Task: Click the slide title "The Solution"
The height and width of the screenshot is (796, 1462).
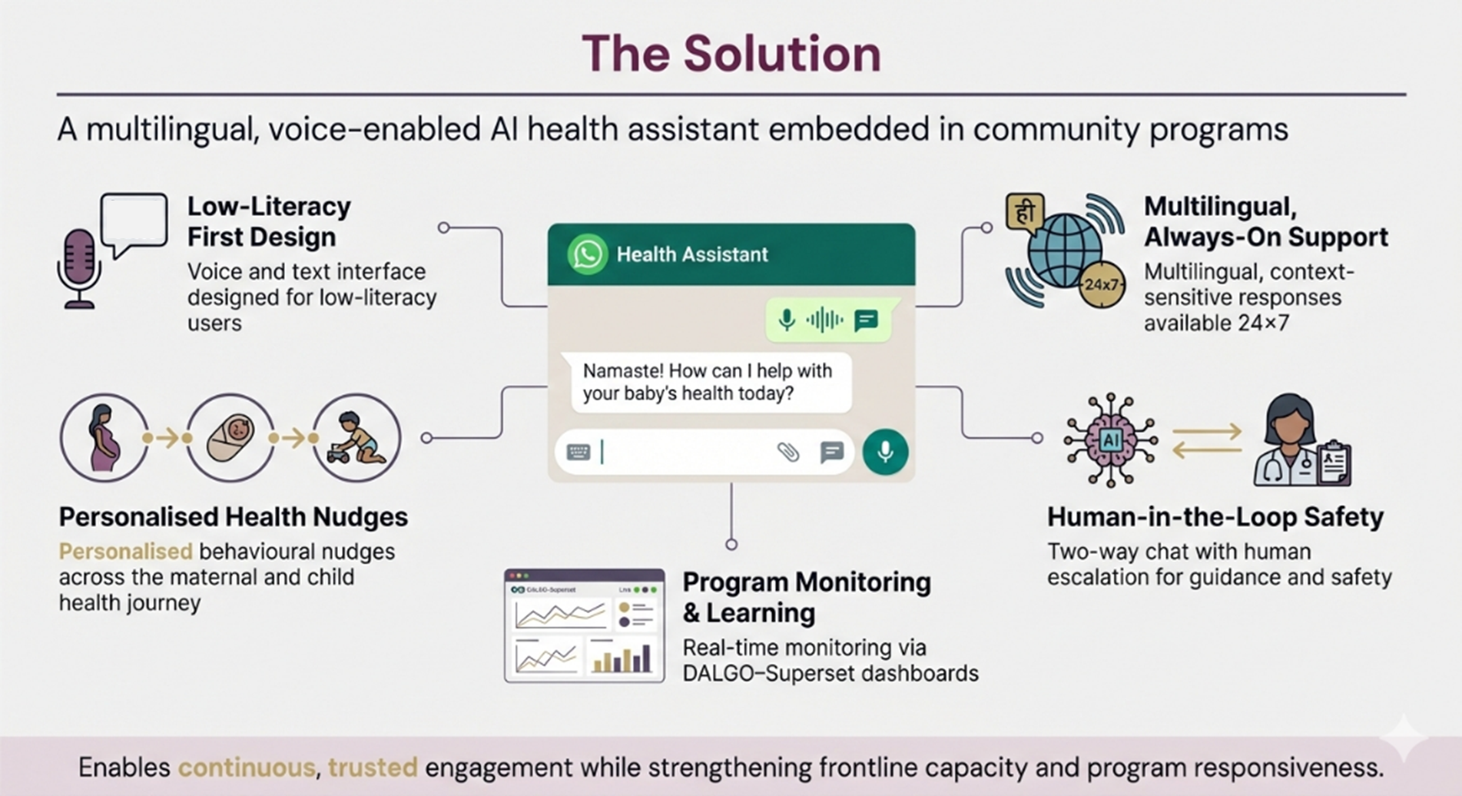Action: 731,54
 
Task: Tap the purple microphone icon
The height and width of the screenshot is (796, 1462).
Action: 79,265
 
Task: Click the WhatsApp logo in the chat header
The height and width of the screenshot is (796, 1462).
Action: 588,254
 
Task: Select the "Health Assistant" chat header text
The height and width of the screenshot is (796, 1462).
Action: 691,254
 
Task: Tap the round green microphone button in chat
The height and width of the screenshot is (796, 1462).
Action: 885,452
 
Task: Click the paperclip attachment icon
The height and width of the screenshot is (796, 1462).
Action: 788,452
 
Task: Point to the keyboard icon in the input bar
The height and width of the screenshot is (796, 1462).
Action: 579,452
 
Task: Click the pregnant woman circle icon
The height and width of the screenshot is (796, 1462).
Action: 104,438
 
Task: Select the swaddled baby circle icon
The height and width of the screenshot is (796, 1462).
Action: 230,438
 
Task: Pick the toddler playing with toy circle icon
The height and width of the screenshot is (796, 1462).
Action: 356,438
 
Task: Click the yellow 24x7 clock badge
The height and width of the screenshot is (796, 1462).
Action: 1101,285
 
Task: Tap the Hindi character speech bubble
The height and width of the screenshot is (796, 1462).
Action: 1025,212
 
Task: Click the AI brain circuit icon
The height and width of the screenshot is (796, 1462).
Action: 1110,440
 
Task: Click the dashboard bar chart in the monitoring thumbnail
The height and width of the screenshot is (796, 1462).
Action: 623,658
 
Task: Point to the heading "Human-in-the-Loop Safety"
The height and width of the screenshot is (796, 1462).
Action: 1215,517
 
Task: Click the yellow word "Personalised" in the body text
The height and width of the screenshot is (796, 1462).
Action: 126,552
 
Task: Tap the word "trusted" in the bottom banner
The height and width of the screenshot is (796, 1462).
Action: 373,768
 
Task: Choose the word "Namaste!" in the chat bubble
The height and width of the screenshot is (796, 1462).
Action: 622,371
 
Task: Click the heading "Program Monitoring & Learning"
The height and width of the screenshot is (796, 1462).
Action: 806,597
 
